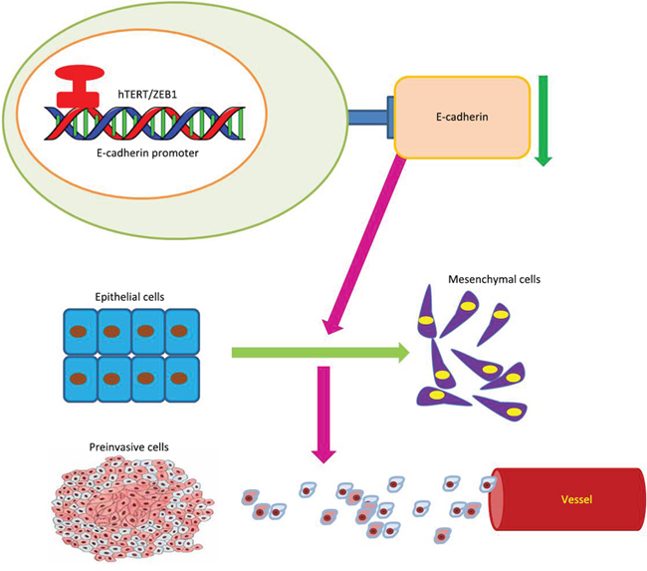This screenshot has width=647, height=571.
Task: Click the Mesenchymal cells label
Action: pyautogui.click(x=489, y=280)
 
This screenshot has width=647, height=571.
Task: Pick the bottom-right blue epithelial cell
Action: pyautogui.click(x=181, y=379)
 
